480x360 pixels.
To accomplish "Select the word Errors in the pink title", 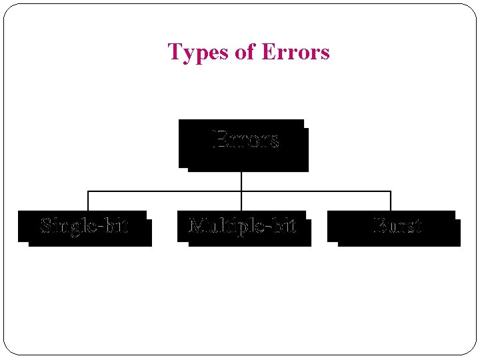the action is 296,52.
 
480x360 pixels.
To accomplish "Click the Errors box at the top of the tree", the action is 243,143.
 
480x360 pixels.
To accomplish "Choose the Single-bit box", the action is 85,227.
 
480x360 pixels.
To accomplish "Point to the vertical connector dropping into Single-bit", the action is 88,201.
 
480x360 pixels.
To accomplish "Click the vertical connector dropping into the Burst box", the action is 391,201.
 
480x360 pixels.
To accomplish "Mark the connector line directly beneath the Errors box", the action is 241,180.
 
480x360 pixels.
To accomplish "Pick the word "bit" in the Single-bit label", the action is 117,225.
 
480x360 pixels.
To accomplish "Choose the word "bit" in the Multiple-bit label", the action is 285,225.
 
